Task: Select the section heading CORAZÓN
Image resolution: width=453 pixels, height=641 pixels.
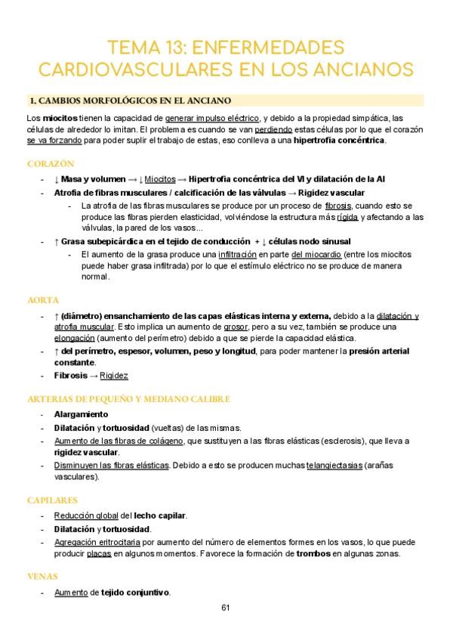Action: pyautogui.click(x=50, y=163)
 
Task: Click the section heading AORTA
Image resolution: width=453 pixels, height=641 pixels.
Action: pyautogui.click(x=42, y=299)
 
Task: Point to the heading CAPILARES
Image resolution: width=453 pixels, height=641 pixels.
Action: pyautogui.click(x=53, y=500)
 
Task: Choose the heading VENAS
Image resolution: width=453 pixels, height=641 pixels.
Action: pyautogui.click(x=42, y=576)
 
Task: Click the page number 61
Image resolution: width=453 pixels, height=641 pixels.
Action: pyautogui.click(x=226, y=608)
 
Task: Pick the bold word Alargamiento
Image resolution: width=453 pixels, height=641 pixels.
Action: pyautogui.click(x=81, y=414)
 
